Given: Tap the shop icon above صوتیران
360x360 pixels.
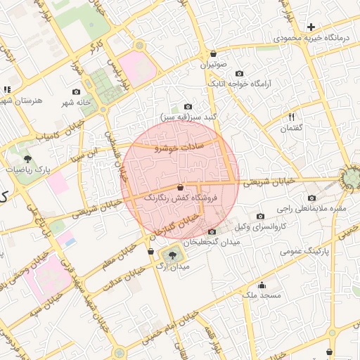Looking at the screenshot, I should pyautogui.click(x=213, y=53).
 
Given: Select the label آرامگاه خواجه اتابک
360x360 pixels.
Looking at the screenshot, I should pyautogui.click(x=271, y=83).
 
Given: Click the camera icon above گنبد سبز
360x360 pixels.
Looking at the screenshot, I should pyautogui.click(x=188, y=105).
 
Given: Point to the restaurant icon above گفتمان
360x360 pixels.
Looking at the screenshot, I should pyautogui.click(x=291, y=117).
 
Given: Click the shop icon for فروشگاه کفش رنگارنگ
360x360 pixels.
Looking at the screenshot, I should pyautogui.click(x=181, y=188).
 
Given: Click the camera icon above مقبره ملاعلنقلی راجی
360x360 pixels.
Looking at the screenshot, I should pyautogui.click(x=311, y=198).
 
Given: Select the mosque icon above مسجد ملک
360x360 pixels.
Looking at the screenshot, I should pyautogui.click(x=262, y=285).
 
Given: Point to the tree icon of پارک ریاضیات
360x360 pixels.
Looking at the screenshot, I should pyautogui.click(x=27, y=159).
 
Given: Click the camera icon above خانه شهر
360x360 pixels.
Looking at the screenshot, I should pyautogui.click(x=76, y=91).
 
